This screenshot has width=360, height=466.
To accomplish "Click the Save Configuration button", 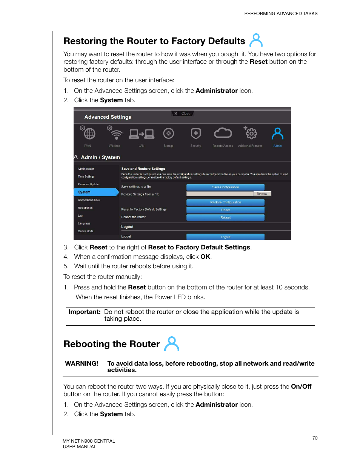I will pyautogui.click(x=225, y=187).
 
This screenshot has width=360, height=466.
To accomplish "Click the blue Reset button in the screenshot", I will pyautogui.click(x=225, y=210).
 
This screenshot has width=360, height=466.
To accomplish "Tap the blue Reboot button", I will pyautogui.click(x=225, y=218).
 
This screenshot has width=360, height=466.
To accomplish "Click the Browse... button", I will pyautogui.click(x=262, y=194).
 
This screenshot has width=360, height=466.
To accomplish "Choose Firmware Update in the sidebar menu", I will pyautogui.click(x=88, y=185).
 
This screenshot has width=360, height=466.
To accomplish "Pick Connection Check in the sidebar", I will pyautogui.click(x=89, y=200).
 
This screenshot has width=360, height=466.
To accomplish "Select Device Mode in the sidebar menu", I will pyautogui.click(x=86, y=231).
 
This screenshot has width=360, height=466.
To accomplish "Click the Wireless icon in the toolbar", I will pyautogui.click(x=115, y=134).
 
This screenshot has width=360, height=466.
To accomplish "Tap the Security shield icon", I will pyautogui.click(x=195, y=134).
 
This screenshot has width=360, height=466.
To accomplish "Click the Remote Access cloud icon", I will pyautogui.click(x=223, y=133).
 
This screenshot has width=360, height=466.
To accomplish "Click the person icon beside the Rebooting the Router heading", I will pyautogui.click(x=172, y=344).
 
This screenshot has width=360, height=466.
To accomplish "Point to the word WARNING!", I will pyautogui.click(x=82, y=363).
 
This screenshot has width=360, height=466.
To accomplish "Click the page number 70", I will pyautogui.click(x=315, y=438).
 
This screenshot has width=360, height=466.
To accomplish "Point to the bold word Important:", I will pyautogui.click(x=85, y=312).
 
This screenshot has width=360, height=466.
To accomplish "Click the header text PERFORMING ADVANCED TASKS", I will pyautogui.click(x=281, y=14).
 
